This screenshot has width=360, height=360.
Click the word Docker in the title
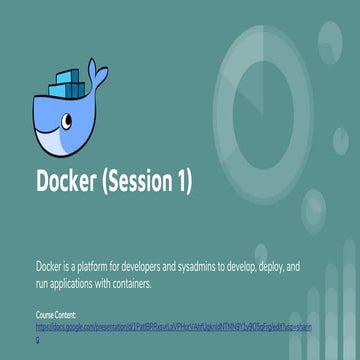[x=71, y=183]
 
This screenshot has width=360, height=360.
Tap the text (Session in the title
[x=143, y=183]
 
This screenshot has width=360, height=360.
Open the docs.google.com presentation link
[x=150, y=326]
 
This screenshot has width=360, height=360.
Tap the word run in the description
[x=42, y=284]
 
